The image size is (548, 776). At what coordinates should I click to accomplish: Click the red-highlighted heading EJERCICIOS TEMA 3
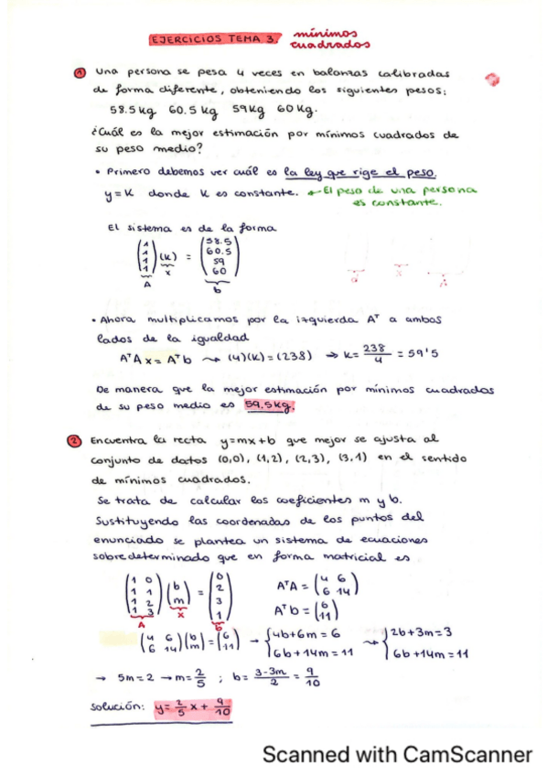tap(212, 39)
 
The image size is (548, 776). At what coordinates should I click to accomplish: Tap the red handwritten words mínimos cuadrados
tap(329, 38)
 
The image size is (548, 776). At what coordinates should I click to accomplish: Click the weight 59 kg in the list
tap(244, 109)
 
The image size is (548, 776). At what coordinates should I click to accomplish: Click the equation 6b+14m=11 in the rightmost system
tap(429, 653)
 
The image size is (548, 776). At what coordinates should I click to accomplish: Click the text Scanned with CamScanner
tap(396, 755)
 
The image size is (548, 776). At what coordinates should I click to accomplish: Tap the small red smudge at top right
tap(493, 80)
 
